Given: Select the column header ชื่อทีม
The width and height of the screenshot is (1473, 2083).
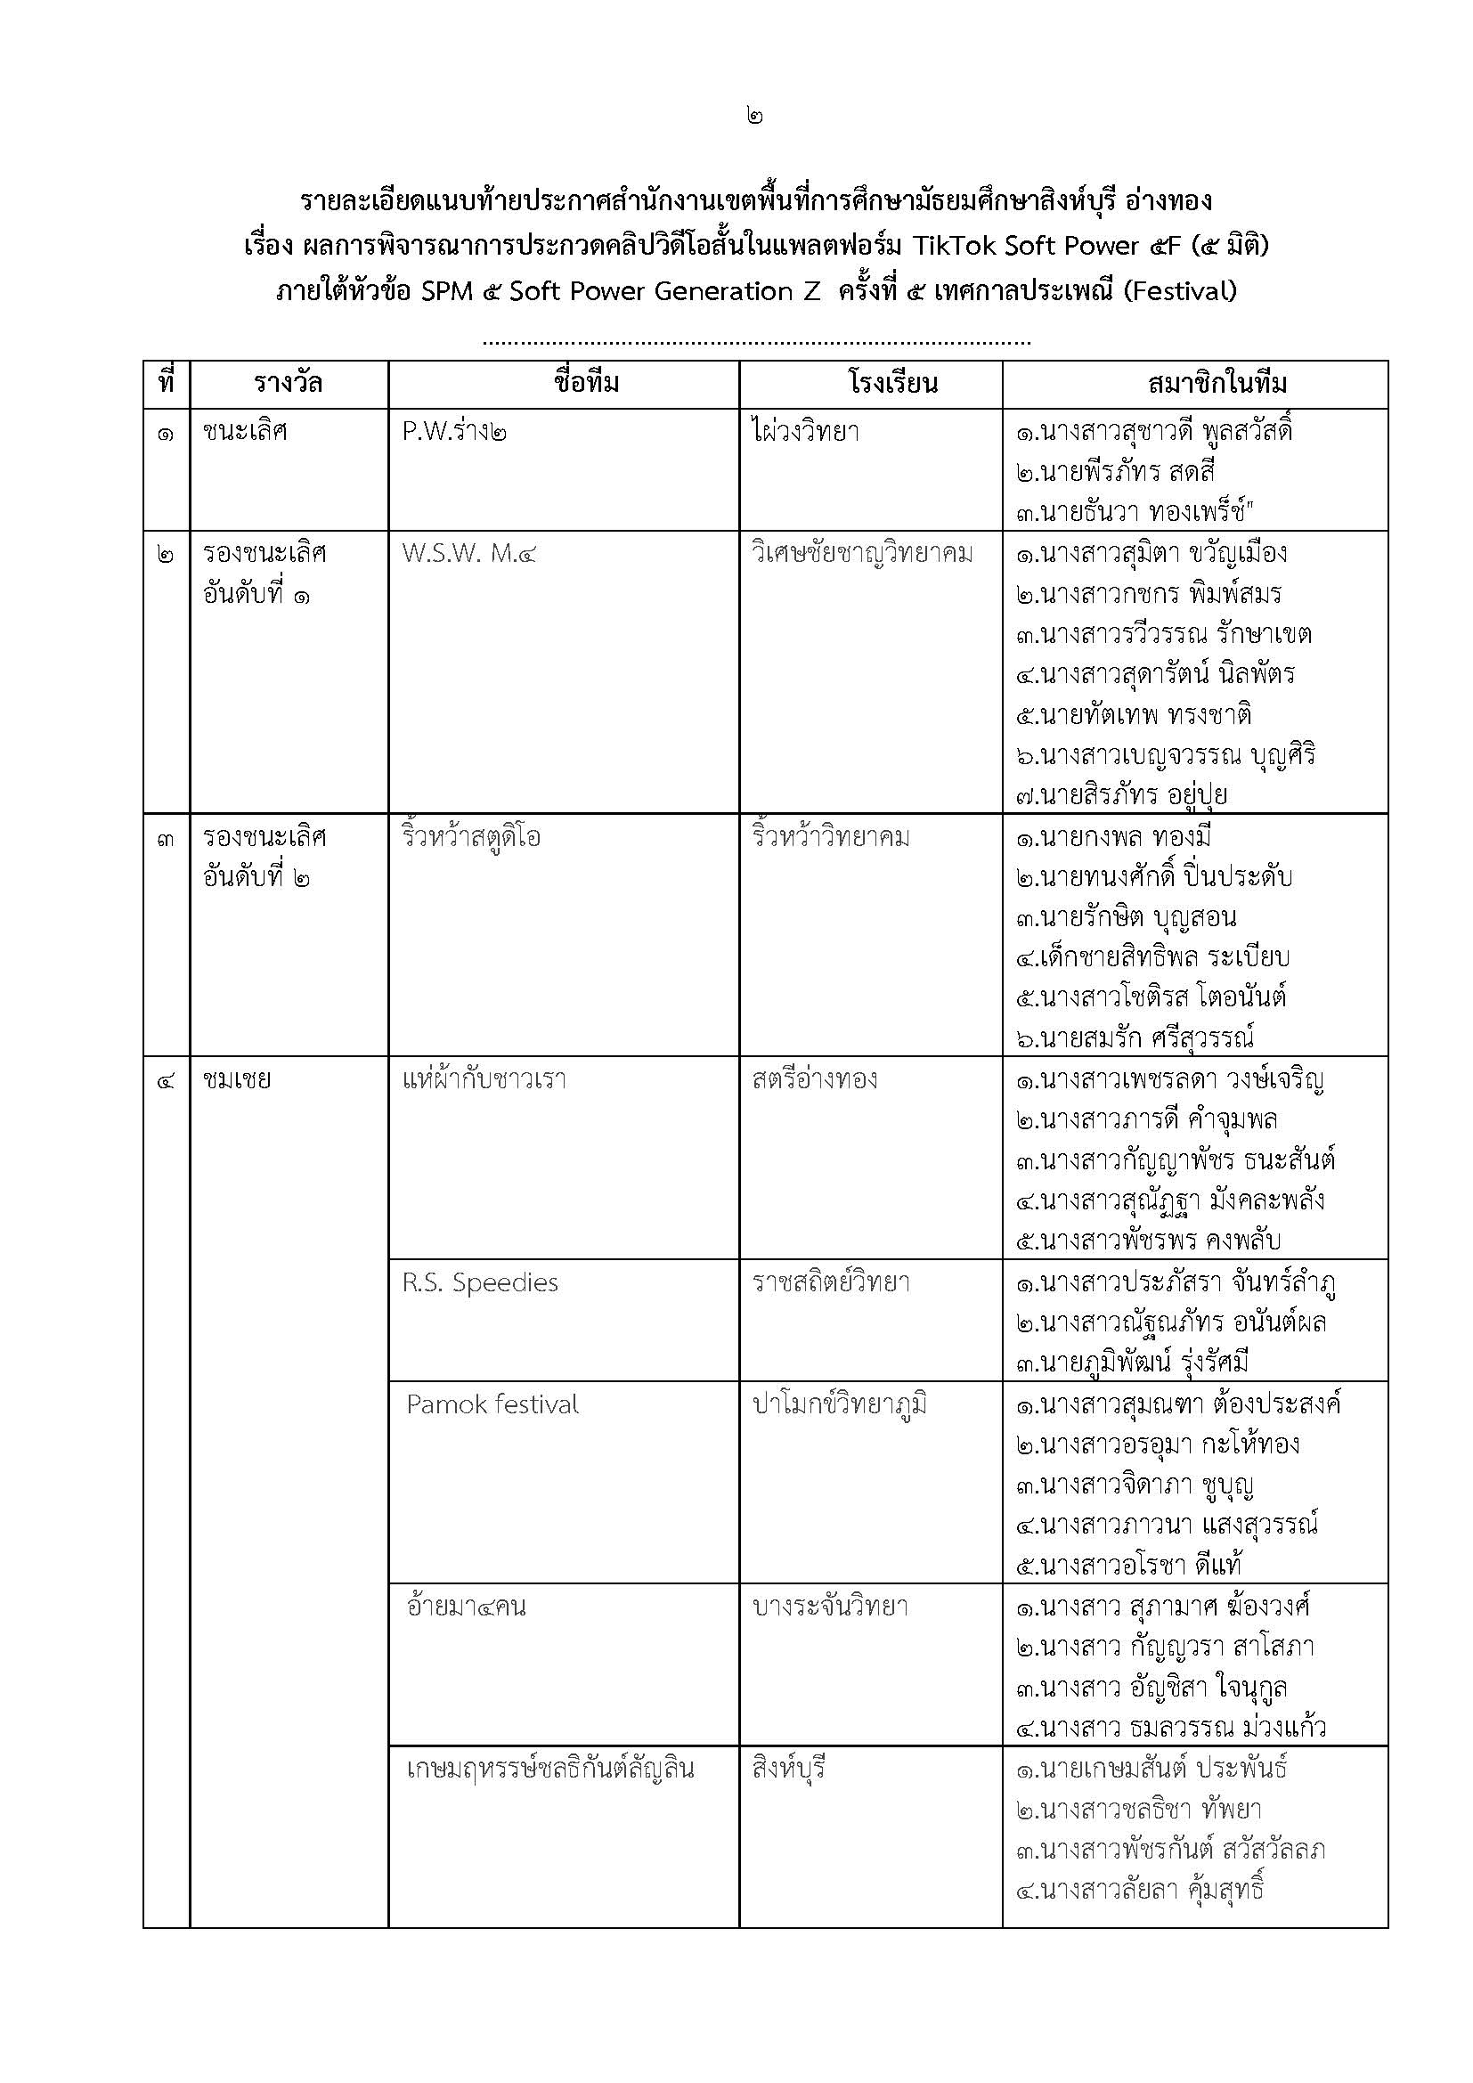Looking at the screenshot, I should click(586, 383).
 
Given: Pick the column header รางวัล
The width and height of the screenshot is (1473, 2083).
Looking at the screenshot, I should click(289, 383).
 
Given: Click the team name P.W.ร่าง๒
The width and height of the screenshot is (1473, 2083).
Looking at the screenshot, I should click(454, 431).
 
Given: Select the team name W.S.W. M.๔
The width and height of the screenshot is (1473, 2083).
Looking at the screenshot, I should click(469, 552).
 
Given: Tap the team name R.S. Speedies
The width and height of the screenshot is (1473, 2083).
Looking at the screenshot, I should click(480, 1282).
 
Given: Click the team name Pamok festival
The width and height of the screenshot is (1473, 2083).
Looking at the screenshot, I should click(492, 1404).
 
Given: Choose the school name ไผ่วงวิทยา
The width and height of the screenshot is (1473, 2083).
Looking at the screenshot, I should click(805, 431).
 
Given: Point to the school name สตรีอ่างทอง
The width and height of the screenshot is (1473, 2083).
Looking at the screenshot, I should click(815, 1079).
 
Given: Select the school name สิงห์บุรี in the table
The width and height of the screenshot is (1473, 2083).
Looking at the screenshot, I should click(788, 1769).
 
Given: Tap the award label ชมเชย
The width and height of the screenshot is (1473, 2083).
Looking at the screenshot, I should click(237, 1079).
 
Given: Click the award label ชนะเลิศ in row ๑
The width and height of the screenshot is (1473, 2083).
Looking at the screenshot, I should click(245, 431).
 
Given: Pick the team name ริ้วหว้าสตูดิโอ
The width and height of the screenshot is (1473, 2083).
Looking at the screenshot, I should click(471, 836).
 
